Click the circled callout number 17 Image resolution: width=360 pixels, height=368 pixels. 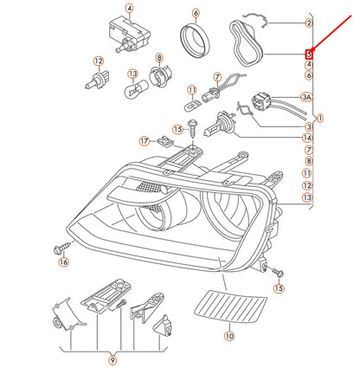[x=145, y=140]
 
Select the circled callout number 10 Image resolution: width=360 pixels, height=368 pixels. [x=228, y=335]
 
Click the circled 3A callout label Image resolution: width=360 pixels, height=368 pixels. [x=305, y=98]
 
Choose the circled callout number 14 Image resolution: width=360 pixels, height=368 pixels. [x=306, y=138]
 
